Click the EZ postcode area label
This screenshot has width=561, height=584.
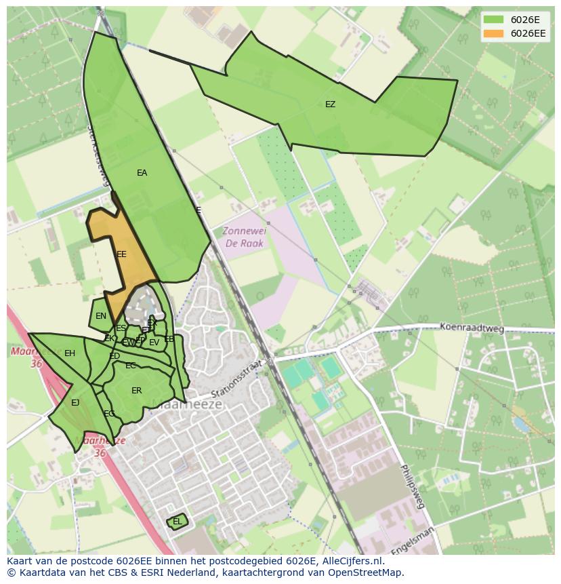(x=330, y=104)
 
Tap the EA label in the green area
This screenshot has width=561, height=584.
(x=142, y=173)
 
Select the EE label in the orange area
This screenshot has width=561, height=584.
(x=121, y=254)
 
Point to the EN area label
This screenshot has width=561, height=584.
(x=101, y=316)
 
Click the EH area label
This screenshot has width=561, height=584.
(x=70, y=353)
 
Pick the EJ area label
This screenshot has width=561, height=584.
(x=75, y=403)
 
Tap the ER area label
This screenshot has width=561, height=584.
(x=137, y=391)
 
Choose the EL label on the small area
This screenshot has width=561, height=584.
(x=177, y=522)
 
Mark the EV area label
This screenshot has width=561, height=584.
(x=154, y=343)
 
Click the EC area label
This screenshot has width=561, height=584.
(x=131, y=366)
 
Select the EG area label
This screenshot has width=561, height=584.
(x=109, y=414)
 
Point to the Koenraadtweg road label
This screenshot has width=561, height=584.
(x=472, y=328)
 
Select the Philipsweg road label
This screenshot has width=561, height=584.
(x=411, y=486)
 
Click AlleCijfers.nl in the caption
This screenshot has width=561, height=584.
(x=351, y=561)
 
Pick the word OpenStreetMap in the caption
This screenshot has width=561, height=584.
(x=366, y=572)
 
